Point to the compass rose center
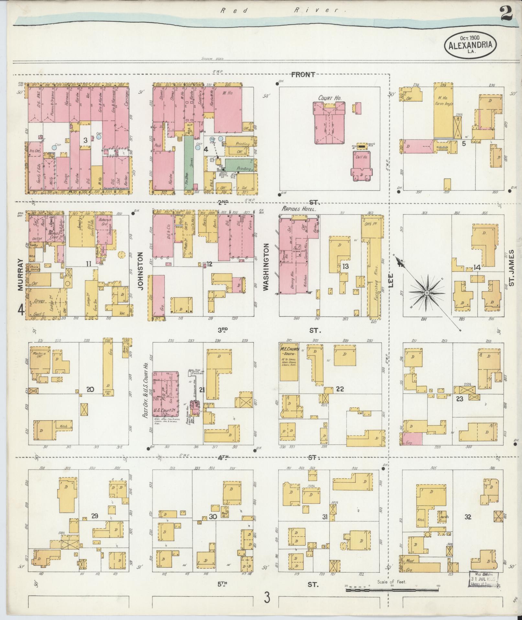point(427,292)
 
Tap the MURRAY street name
point(21,274)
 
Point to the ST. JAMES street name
point(511,268)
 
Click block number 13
point(346,266)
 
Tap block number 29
point(94,516)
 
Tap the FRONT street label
point(303,75)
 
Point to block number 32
point(468,517)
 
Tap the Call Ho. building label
point(361,157)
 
